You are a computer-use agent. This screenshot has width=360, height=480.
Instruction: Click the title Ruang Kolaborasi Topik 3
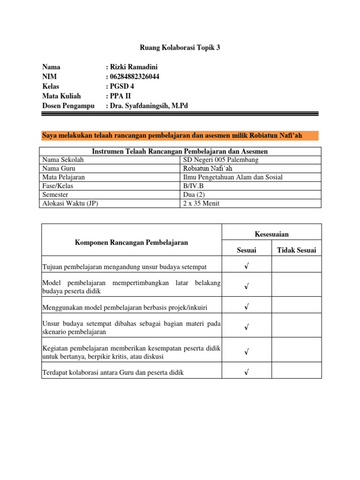point(180,47)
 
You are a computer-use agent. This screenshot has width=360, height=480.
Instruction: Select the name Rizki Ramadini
point(134,67)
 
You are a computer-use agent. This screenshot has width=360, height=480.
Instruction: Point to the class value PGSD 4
point(123,87)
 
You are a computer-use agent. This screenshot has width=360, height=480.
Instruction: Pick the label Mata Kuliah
point(61,96)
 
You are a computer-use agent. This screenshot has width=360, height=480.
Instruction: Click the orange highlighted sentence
point(172,136)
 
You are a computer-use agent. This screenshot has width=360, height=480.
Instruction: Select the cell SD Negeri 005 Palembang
point(220,160)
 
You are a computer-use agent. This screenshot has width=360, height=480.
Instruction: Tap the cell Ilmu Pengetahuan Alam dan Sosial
point(232,177)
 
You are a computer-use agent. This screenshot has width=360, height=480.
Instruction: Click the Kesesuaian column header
point(271,233)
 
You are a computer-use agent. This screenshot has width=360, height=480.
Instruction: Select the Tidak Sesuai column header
point(296,250)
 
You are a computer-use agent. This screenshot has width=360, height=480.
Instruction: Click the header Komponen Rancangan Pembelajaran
point(131,242)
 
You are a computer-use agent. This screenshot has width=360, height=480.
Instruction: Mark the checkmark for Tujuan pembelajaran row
point(246,266)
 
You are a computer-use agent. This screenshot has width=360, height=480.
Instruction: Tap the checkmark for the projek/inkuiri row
point(246,307)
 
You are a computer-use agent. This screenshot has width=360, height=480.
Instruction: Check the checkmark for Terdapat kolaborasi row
point(246,373)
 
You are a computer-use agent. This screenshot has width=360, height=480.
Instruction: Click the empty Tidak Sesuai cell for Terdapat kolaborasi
point(296,373)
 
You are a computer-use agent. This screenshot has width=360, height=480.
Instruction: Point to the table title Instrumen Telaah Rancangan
point(180,151)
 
